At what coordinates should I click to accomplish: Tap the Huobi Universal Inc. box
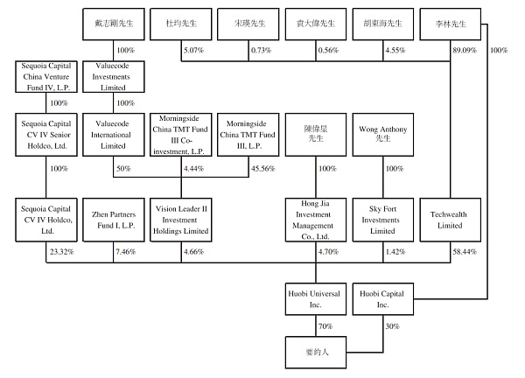317,301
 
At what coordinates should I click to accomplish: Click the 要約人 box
317,354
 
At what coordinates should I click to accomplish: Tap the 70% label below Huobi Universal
326,327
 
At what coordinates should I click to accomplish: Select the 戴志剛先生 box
115,22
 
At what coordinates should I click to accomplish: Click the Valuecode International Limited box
115,134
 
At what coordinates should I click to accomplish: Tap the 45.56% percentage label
262,169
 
